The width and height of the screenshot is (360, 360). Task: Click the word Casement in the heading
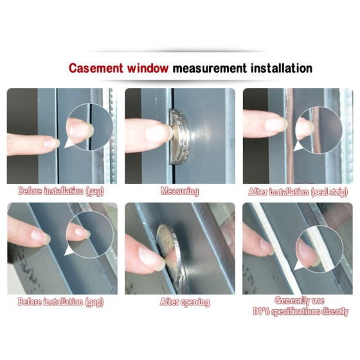point(96,68)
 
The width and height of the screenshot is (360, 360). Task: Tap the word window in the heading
point(148,68)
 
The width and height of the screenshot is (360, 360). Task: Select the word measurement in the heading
point(210,68)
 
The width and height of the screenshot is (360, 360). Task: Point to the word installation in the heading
point(282,68)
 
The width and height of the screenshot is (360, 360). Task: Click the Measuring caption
point(179,192)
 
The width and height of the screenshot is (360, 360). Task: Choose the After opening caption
point(185,302)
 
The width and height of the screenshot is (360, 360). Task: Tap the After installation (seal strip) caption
point(298,192)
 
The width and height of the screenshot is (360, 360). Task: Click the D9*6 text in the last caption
point(261,311)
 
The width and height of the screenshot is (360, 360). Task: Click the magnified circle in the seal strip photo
point(319,130)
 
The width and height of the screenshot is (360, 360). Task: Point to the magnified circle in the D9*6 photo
point(319,249)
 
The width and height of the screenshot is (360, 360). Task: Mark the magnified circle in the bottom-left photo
point(90,235)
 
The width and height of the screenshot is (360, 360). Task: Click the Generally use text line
point(300,300)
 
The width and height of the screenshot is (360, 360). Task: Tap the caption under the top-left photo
point(61,192)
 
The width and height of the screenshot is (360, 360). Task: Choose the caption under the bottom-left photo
point(61,302)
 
